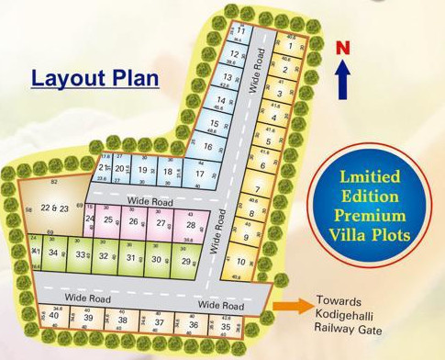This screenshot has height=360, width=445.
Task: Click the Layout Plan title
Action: (x=95, y=78)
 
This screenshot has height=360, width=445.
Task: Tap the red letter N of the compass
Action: (x=342, y=47)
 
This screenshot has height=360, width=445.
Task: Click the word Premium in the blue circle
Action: (x=371, y=216)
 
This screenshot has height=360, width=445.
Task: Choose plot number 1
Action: (x=289, y=45)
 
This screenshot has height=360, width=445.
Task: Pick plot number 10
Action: (x=240, y=262)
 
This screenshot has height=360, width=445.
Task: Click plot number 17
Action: (x=199, y=174)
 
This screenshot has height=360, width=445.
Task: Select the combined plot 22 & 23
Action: (x=55, y=209)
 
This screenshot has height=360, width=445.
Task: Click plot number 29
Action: (x=186, y=261)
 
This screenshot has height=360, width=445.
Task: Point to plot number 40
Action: (x=54, y=316)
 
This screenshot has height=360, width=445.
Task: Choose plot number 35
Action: (x=225, y=326)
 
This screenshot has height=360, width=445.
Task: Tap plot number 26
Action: (x=134, y=221)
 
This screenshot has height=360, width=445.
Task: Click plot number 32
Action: (x=104, y=257)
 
